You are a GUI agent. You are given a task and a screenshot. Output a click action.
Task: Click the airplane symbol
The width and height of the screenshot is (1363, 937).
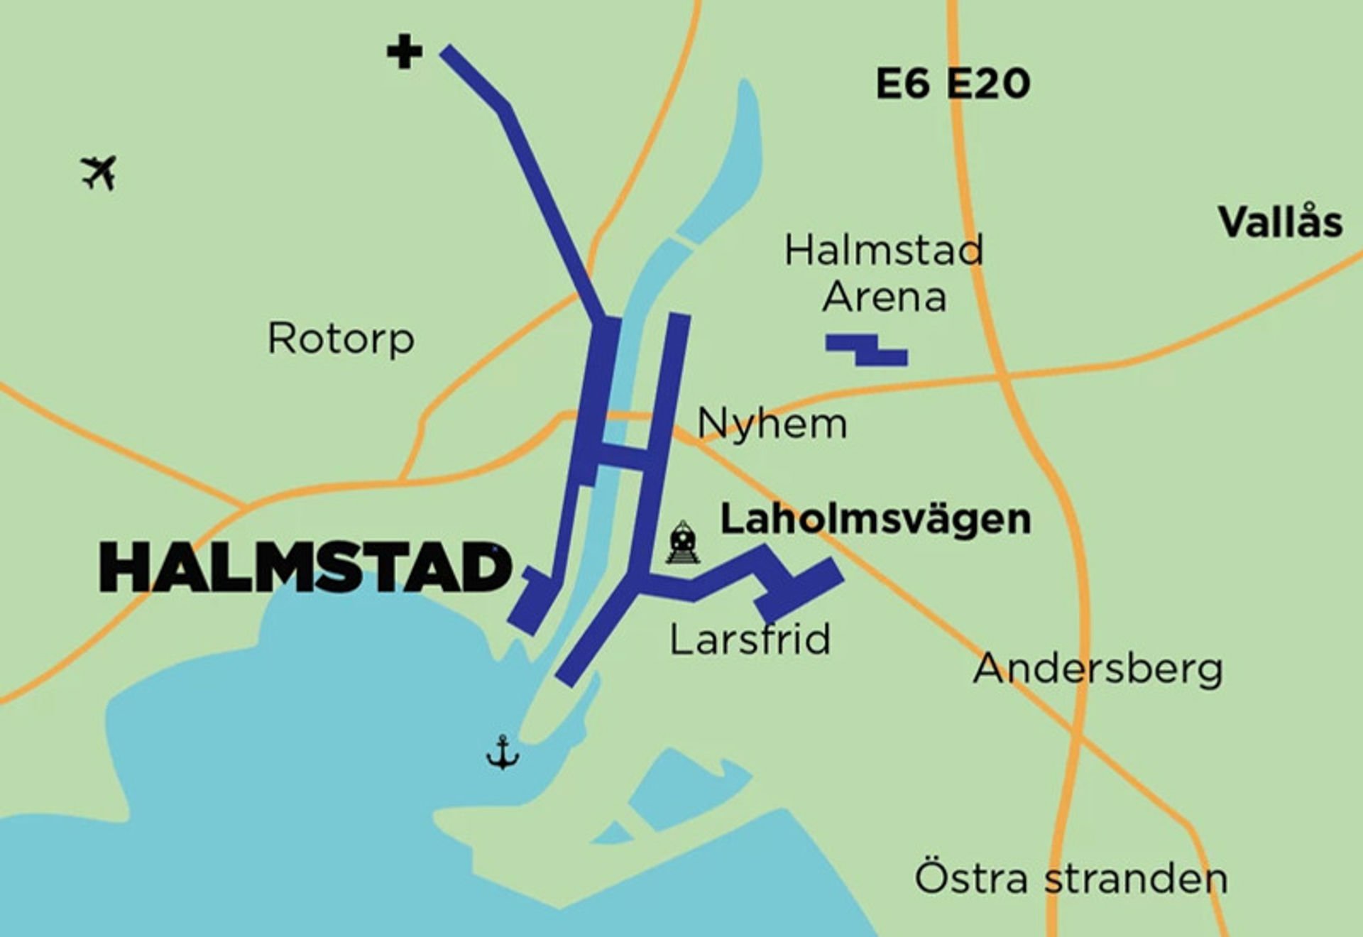[x=99, y=172]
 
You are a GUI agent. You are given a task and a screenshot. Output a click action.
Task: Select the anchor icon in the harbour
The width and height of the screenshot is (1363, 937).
[x=503, y=752]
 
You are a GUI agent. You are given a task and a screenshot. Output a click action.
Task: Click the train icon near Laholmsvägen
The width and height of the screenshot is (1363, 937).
[x=682, y=543]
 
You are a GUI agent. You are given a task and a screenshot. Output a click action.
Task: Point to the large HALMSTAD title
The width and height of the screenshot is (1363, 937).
[x=305, y=568]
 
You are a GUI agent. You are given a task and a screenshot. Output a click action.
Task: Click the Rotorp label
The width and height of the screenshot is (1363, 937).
[x=341, y=339]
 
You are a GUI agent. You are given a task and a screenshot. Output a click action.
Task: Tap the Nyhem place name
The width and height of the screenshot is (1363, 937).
[x=772, y=424]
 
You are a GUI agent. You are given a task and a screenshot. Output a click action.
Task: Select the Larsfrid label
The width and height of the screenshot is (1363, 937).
[x=750, y=639]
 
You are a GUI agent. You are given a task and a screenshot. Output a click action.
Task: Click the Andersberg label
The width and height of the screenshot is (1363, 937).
[x=1097, y=669]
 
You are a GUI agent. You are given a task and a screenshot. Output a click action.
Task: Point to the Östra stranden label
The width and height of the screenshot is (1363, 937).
[x=1071, y=878]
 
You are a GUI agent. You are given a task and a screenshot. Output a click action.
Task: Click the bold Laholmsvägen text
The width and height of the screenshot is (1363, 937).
[x=875, y=519]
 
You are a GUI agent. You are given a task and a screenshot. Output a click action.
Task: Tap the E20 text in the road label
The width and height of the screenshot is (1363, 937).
[x=988, y=84]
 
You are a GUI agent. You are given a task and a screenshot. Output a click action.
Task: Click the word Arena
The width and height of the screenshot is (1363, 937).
[x=885, y=297]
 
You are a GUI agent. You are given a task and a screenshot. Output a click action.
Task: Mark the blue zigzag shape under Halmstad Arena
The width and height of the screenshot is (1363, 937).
[x=867, y=351]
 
